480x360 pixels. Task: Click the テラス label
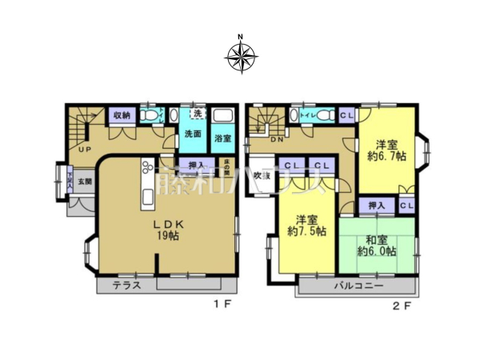coord(127,286)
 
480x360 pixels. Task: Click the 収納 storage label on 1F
coord(121,115)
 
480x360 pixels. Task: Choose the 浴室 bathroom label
coord(222,138)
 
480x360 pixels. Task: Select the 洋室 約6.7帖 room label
coord(388,150)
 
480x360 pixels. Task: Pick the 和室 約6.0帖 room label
coord(373,245)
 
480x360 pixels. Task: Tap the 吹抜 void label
coord(261,175)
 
